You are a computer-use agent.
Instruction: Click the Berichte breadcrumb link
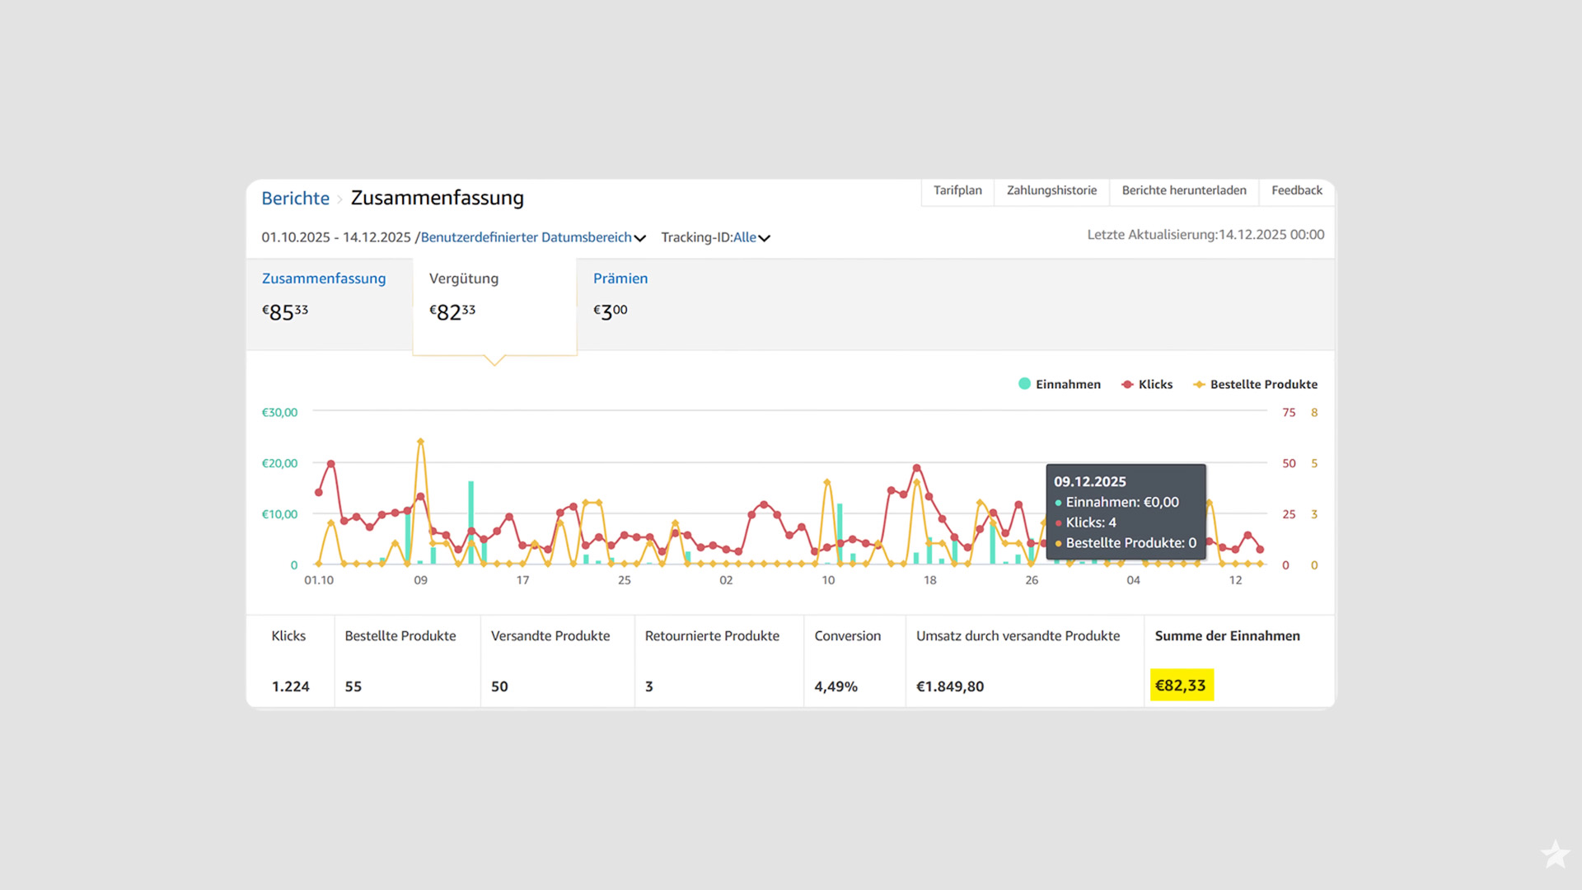(295, 199)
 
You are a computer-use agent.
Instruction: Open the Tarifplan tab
(957, 190)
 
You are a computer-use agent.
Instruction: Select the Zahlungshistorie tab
(1051, 190)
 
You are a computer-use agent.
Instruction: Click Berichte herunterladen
(1184, 190)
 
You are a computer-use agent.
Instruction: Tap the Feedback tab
(1297, 190)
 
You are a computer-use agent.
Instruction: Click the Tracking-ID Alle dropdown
(751, 237)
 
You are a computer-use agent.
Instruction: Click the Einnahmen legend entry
(1060, 384)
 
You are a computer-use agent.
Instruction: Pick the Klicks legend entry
(1147, 384)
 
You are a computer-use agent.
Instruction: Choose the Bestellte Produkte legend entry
(1255, 384)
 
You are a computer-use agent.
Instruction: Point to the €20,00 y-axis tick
(279, 463)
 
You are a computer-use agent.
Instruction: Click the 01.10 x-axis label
(319, 580)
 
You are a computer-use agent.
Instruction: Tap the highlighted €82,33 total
(1182, 685)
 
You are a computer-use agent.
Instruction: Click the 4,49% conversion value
(835, 686)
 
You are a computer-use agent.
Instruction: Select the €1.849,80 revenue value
(950, 686)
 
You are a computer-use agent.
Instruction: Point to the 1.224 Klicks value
(291, 686)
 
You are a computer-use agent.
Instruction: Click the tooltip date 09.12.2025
(1089, 481)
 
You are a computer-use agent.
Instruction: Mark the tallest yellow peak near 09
(420, 442)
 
